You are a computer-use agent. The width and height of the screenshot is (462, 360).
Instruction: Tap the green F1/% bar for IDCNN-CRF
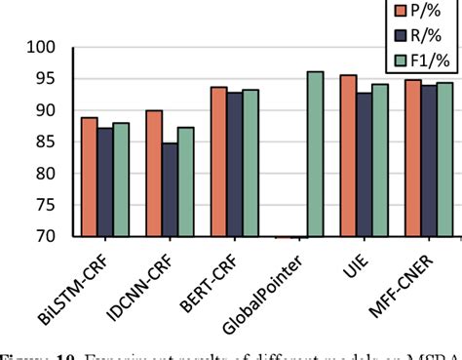click(185, 182)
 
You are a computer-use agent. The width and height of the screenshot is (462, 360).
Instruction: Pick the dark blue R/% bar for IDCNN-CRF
click(170, 190)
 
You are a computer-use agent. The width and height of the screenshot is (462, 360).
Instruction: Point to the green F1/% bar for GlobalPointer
click(315, 154)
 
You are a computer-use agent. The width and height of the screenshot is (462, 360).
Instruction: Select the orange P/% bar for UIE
click(347, 156)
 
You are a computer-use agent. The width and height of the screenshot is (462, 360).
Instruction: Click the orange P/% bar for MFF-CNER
click(412, 158)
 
